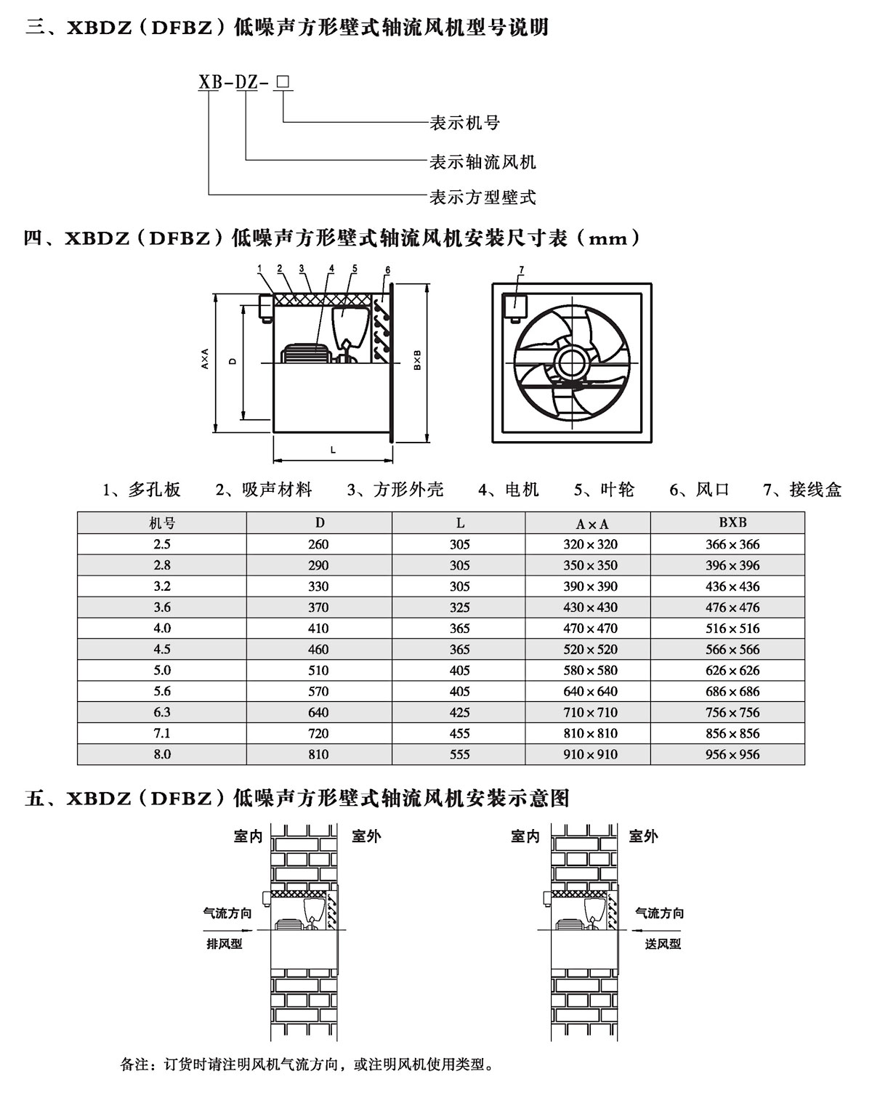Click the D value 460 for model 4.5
click(318, 650)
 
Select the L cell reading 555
click(459, 754)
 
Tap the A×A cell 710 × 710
click(590, 712)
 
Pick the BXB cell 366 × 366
click(732, 544)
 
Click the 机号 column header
click(162, 523)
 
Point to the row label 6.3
click(162, 712)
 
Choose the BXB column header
click(732, 522)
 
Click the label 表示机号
click(465, 123)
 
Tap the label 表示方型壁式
click(483, 198)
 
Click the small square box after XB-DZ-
click(283, 82)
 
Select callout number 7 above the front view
click(521, 270)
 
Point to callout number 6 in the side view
click(387, 270)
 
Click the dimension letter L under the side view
click(333, 450)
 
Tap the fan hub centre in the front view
click(573, 363)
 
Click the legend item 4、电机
click(508, 490)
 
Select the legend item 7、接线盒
click(802, 490)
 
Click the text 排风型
click(224, 944)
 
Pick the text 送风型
click(663, 944)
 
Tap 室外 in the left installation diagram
click(366, 836)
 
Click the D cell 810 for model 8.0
click(318, 754)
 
